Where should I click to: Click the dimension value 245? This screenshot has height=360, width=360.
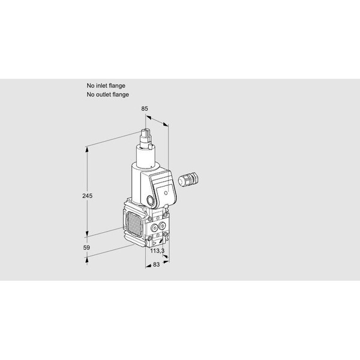[87, 196]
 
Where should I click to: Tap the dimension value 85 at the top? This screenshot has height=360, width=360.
[145, 109]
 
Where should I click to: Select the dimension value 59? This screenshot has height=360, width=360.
[86, 248]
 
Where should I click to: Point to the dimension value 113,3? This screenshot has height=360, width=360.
[157, 251]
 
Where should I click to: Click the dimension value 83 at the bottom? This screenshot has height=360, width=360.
[156, 265]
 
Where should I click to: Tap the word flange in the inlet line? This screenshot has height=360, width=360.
[117, 86]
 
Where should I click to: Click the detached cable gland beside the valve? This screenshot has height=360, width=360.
[188, 179]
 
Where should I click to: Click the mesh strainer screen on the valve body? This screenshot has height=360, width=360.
[134, 224]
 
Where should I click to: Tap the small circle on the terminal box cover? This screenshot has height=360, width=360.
[166, 193]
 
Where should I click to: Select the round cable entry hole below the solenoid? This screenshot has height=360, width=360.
[151, 200]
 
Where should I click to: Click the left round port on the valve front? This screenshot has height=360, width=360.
[154, 228]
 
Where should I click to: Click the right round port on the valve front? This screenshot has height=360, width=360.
[163, 226]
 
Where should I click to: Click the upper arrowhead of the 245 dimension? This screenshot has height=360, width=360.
[87, 149]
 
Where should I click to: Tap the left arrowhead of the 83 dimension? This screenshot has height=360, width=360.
[148, 266]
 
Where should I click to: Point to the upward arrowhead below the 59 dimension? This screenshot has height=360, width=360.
[87, 260]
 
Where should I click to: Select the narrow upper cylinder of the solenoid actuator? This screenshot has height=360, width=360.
[146, 157]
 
